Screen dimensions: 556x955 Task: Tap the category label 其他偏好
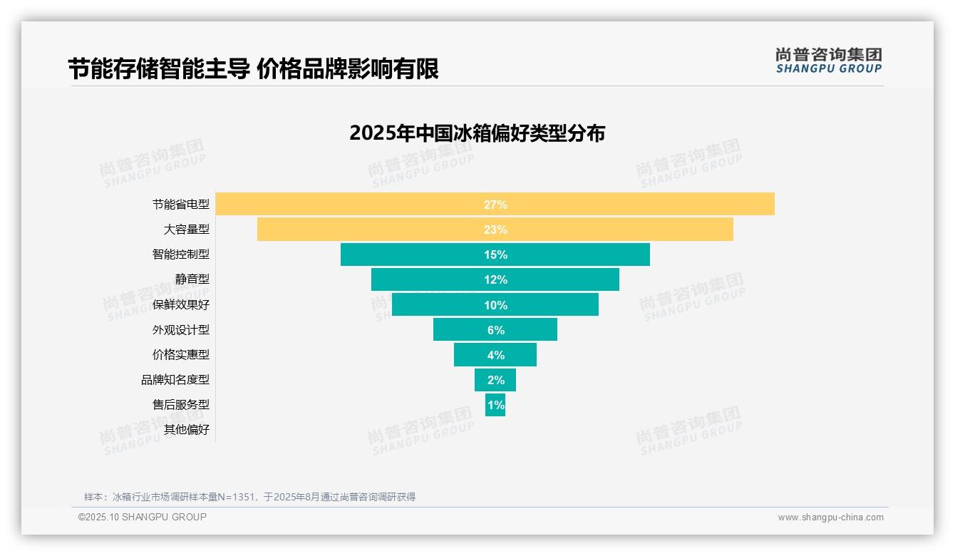coord(187,430)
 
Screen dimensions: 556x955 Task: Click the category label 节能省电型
coord(181,205)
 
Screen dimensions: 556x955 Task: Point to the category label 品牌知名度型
coord(175,380)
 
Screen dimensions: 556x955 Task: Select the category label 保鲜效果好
coord(181,305)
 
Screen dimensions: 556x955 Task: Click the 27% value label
coord(495,205)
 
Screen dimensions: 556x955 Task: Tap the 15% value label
coord(495,254)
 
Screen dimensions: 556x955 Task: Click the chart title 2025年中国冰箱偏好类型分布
coord(477,133)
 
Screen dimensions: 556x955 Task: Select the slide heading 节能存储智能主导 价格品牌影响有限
coord(253,69)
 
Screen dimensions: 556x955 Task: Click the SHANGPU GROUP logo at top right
coord(828,61)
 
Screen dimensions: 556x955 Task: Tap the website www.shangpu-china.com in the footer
coord(830,518)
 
